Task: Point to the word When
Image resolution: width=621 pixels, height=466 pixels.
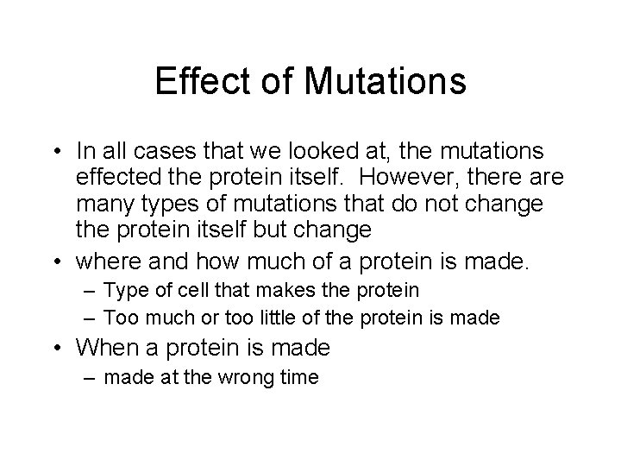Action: coord(104,348)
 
